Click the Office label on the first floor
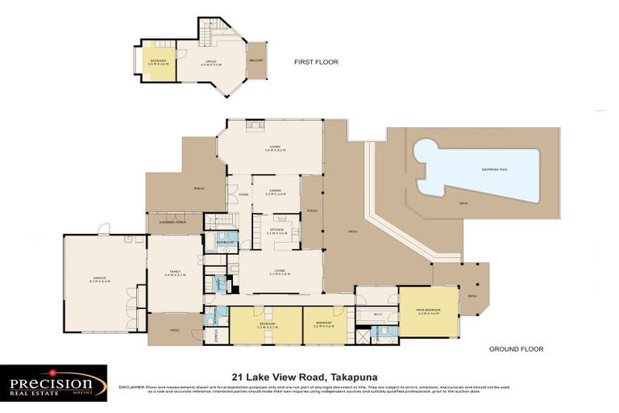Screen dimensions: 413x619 (x=210, y=61)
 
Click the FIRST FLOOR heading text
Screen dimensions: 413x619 (x=316, y=61)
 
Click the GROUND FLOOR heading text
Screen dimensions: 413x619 (x=516, y=349)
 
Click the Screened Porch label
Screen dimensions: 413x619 (x=174, y=223)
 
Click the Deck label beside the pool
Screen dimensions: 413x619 (x=463, y=203)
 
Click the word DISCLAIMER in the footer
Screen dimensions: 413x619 (x=132, y=387)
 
